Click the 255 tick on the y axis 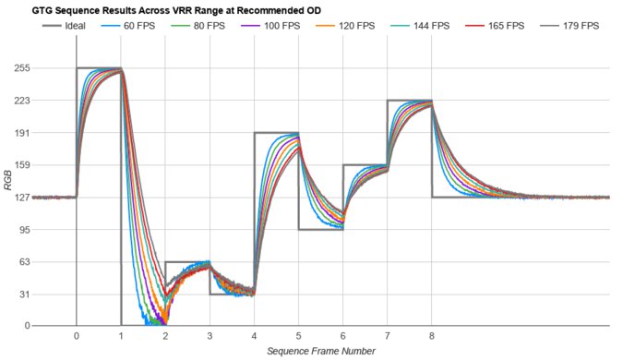point(46,68)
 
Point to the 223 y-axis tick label point(46,101)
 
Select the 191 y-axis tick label point(46,133)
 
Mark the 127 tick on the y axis point(46,198)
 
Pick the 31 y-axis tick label point(49,294)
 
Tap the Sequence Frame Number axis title point(320,351)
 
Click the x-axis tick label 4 point(254,336)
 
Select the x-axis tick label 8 point(431,336)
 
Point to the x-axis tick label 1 point(121,336)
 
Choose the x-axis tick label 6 point(342,336)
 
